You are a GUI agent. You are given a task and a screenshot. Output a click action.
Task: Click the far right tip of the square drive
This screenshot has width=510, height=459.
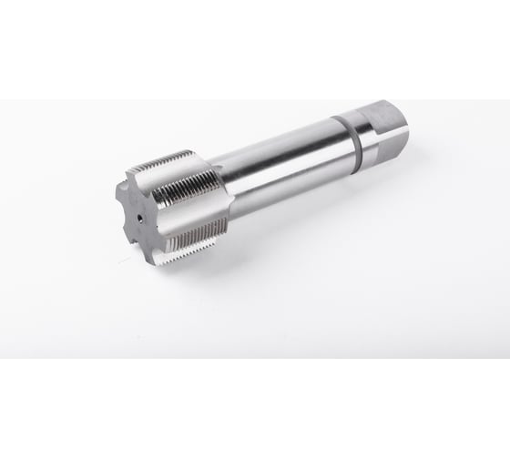(407, 127)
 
